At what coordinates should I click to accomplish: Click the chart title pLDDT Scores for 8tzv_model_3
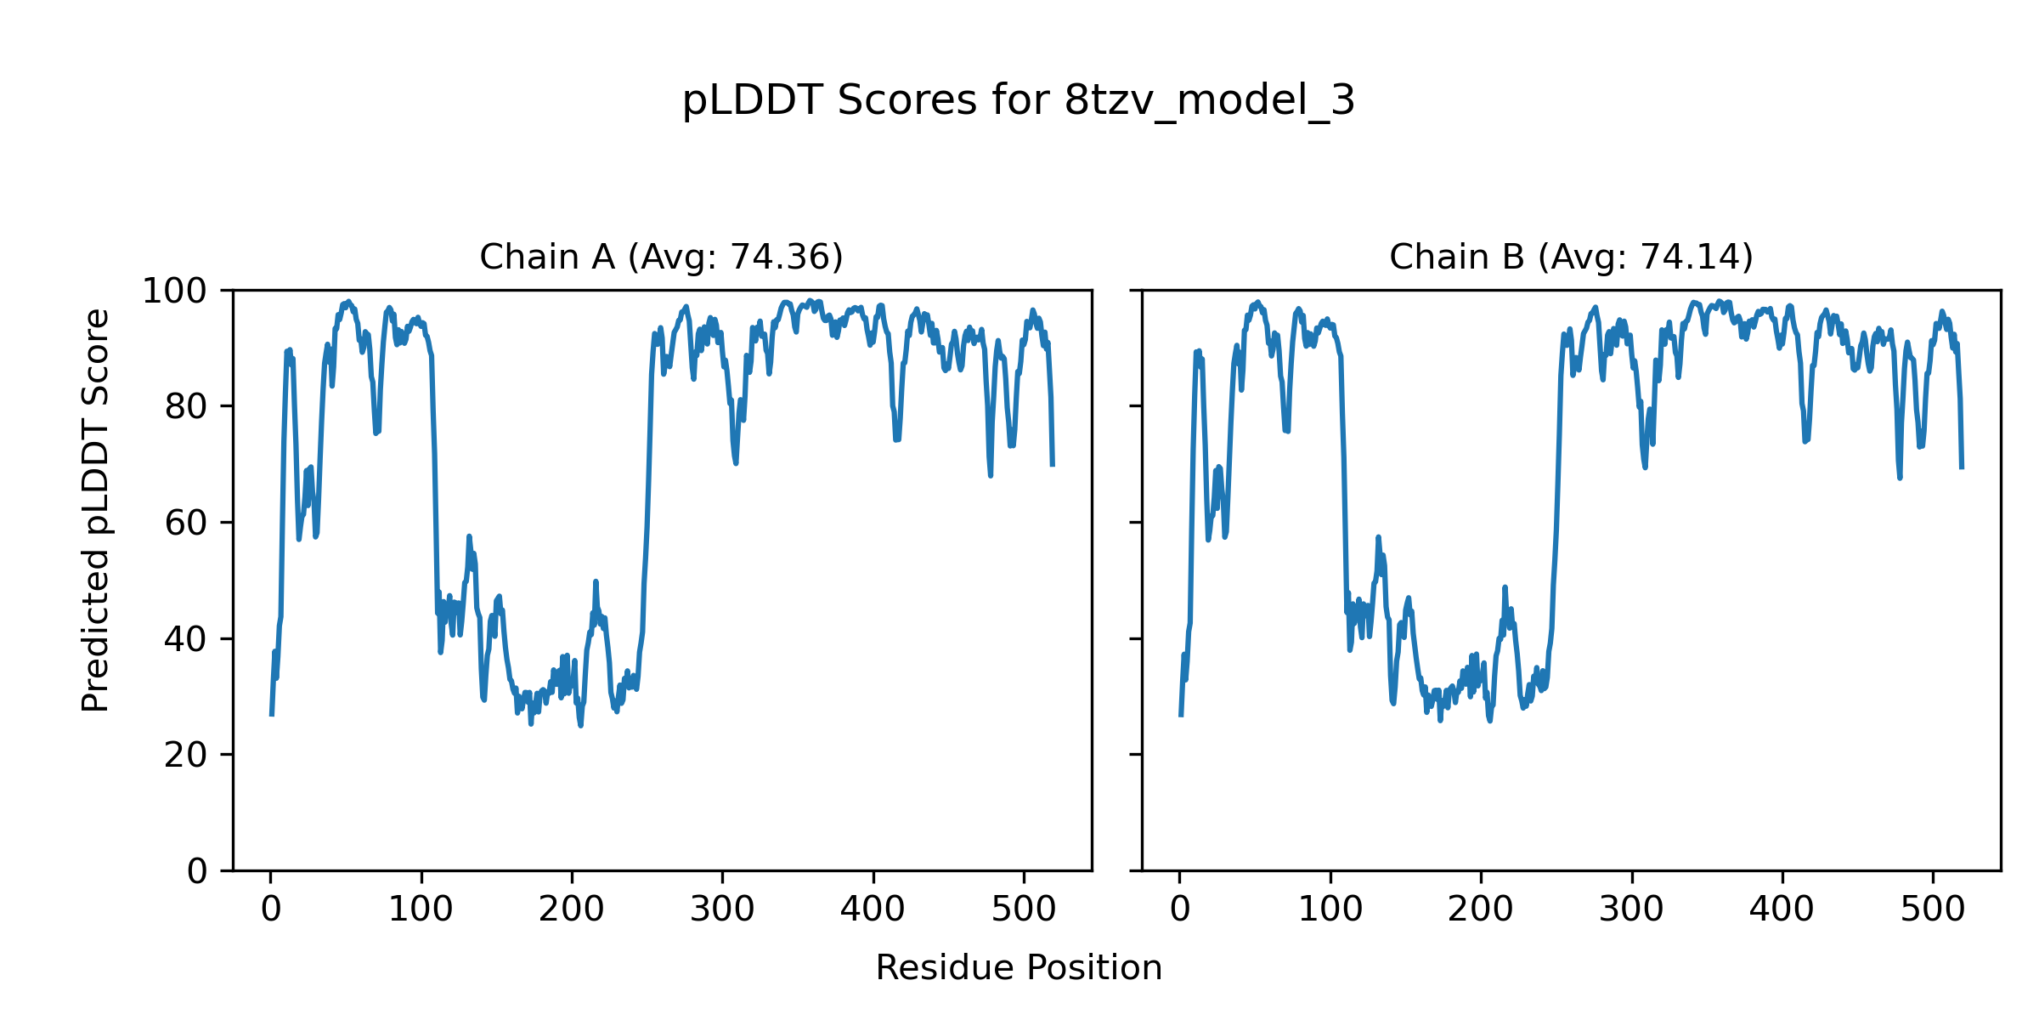pos(1018,101)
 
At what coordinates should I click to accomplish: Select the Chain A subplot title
pos(661,257)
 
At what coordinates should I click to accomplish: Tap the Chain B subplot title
pos(1571,257)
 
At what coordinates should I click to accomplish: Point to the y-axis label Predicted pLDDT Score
pos(96,510)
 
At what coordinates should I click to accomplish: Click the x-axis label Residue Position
pos(1018,968)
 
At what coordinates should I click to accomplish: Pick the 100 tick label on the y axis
pos(173,292)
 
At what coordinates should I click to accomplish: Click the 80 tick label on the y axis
pos(186,407)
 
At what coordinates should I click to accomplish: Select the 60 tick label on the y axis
pos(186,524)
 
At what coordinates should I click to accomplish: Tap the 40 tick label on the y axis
pos(186,639)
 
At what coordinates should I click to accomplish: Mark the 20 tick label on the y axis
pos(186,755)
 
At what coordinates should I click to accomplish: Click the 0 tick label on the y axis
pos(197,871)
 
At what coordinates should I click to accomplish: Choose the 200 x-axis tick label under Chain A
pos(572,910)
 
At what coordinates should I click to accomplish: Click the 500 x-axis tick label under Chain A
pos(1024,910)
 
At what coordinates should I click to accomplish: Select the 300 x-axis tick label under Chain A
pos(722,910)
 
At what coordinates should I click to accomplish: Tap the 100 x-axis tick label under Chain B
pos(1330,910)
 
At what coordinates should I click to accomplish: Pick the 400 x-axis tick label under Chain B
pos(1782,910)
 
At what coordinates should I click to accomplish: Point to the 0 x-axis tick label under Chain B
pos(1180,910)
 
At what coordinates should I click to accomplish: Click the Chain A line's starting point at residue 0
pos(272,715)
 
